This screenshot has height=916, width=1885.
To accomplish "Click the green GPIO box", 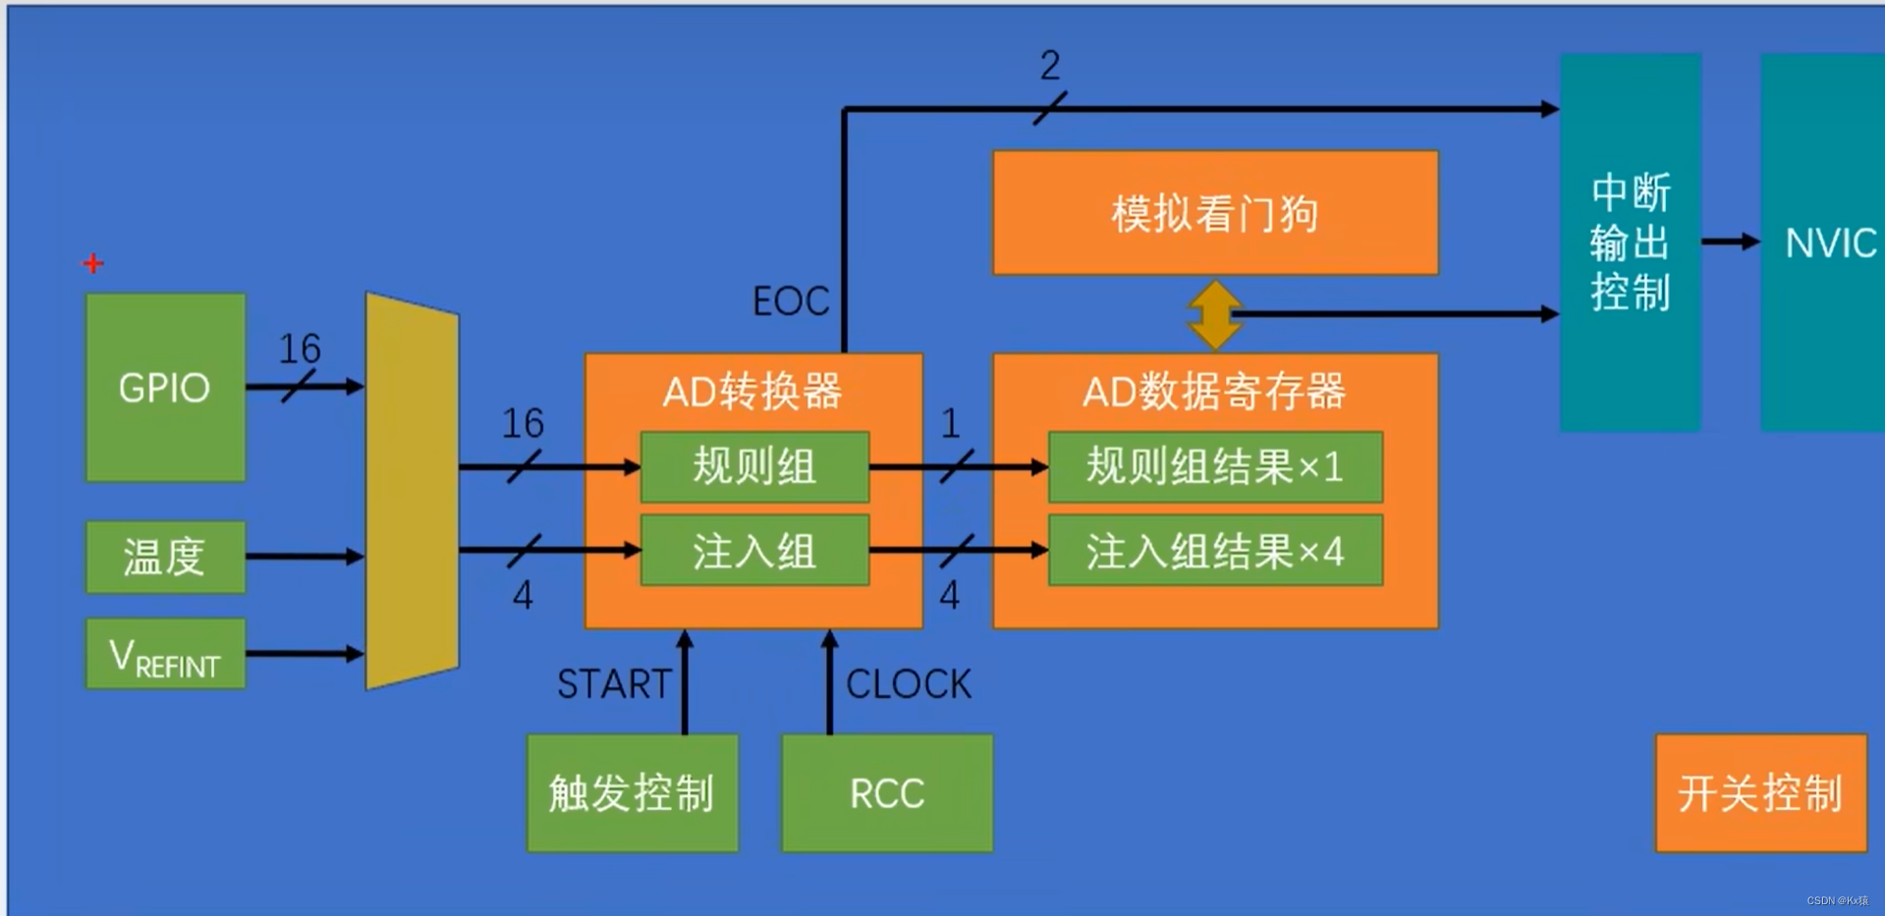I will point(165,388).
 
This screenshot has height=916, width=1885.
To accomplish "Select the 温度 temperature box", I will point(165,557).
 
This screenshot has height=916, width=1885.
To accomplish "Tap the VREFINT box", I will point(165,654).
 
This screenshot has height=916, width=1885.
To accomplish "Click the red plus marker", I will point(93,263).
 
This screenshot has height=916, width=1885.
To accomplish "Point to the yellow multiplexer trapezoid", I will point(412,491).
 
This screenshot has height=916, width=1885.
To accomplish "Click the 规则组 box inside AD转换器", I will point(754,466).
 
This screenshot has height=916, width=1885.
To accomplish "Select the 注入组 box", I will point(754,551).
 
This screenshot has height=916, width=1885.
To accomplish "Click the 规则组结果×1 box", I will point(1215,466).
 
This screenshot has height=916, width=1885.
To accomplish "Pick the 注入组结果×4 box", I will point(1215,551).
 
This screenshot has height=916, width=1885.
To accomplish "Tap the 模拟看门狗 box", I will point(1215,213).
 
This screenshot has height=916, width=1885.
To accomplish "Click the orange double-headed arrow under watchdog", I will point(1214,315).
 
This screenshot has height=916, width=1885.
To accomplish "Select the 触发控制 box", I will point(632,792).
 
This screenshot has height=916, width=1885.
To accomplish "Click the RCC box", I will point(887,792).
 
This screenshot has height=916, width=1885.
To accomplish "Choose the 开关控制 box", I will point(1760,792).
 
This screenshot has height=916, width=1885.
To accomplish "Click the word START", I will point(614,683).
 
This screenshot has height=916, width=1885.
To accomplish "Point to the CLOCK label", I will point(909,683).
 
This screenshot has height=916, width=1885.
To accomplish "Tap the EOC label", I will point(791,300).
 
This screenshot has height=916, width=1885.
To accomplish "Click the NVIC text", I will point(1830,242).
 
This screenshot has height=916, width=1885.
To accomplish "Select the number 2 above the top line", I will point(1050,66).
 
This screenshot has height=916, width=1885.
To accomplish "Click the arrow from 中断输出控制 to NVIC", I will point(1731,241).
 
